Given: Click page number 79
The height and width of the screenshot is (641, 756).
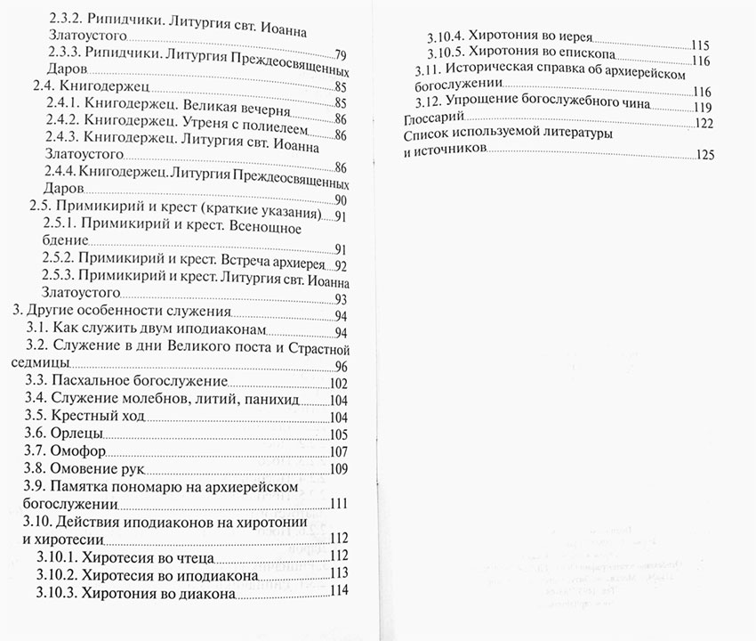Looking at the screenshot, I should pyautogui.click(x=340, y=55).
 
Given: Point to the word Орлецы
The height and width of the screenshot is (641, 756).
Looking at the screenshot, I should pyautogui.click(x=77, y=434).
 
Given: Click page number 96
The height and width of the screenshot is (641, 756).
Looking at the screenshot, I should pyautogui.click(x=341, y=367).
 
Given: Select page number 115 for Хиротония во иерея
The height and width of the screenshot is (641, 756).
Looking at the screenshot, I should pyautogui.click(x=700, y=45).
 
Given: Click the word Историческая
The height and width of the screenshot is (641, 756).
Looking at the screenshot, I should pyautogui.click(x=501, y=72).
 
